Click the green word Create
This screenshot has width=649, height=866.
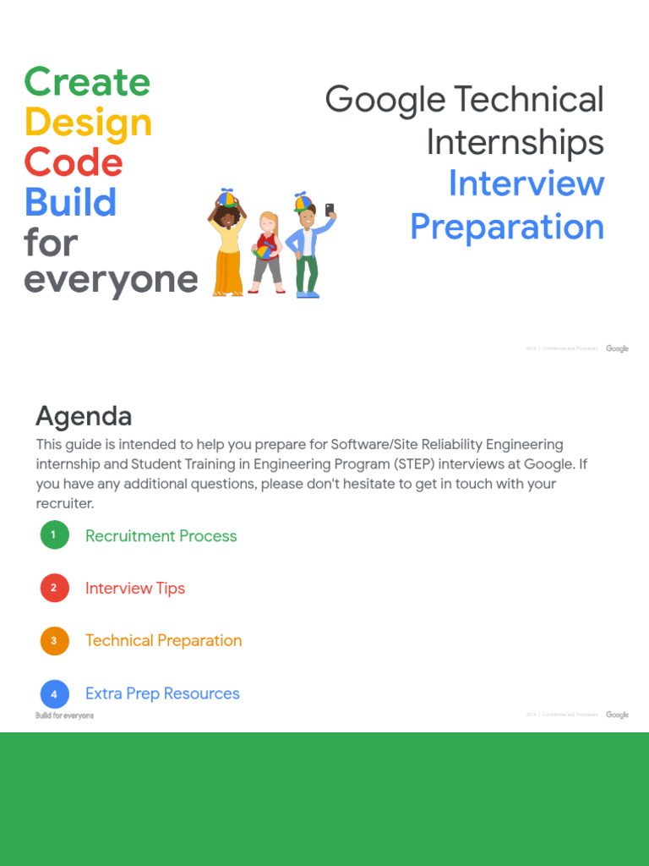(87, 82)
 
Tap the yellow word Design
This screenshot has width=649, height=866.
(88, 123)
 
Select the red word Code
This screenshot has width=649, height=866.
(74, 162)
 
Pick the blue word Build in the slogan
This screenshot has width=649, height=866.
(70, 203)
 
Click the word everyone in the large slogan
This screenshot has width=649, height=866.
(111, 280)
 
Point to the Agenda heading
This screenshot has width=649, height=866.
(84, 416)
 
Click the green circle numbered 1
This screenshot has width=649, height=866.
(54, 534)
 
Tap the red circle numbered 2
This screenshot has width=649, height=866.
(54, 588)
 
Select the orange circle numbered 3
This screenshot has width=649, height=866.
(54, 640)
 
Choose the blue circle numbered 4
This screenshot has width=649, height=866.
(54, 693)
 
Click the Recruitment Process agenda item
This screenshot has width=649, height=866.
(161, 536)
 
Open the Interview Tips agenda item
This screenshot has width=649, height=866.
(135, 589)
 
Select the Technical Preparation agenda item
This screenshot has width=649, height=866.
(163, 641)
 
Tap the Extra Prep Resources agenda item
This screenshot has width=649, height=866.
(162, 693)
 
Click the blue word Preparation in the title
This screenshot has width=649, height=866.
(507, 227)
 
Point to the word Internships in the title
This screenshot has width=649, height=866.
(515, 142)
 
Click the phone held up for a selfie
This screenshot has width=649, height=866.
(329, 209)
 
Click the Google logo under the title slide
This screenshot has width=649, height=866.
(617, 348)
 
